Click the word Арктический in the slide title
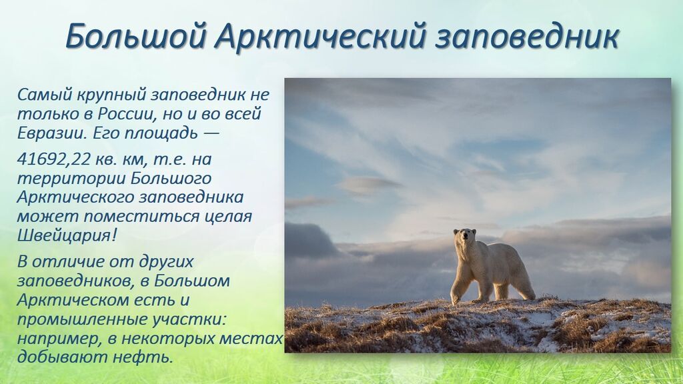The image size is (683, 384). pos(319,36)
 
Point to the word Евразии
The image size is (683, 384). pos(52,133)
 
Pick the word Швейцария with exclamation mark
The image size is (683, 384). pos(67,235)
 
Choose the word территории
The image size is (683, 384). pos(71,179)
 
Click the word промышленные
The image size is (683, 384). pos(81,319)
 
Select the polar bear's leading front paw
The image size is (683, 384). pos(455,299)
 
